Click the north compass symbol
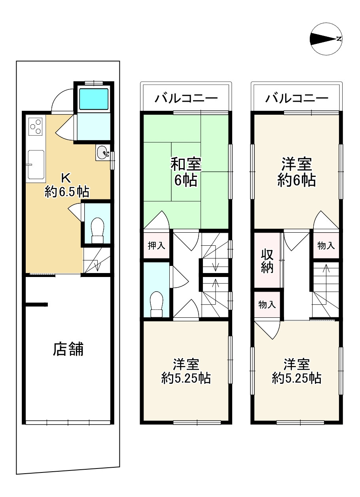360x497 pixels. click(326, 39)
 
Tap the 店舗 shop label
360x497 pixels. click(68, 349)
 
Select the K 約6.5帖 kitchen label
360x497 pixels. click(66, 185)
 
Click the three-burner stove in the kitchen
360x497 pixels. click(36, 126)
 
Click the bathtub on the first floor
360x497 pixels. click(94, 99)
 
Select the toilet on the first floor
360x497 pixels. click(97, 230)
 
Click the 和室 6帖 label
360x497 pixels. click(186, 171)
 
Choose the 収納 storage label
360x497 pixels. click(267, 261)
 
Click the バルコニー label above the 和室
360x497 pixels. click(186, 98)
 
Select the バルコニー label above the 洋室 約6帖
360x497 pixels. click(297, 98)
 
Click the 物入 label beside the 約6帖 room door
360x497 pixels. click(326, 246)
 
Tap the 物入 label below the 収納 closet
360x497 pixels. click(267, 305)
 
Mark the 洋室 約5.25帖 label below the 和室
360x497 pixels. click(186, 371)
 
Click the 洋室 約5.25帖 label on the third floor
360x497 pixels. click(296, 371)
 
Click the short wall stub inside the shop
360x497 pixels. click(37, 304)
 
